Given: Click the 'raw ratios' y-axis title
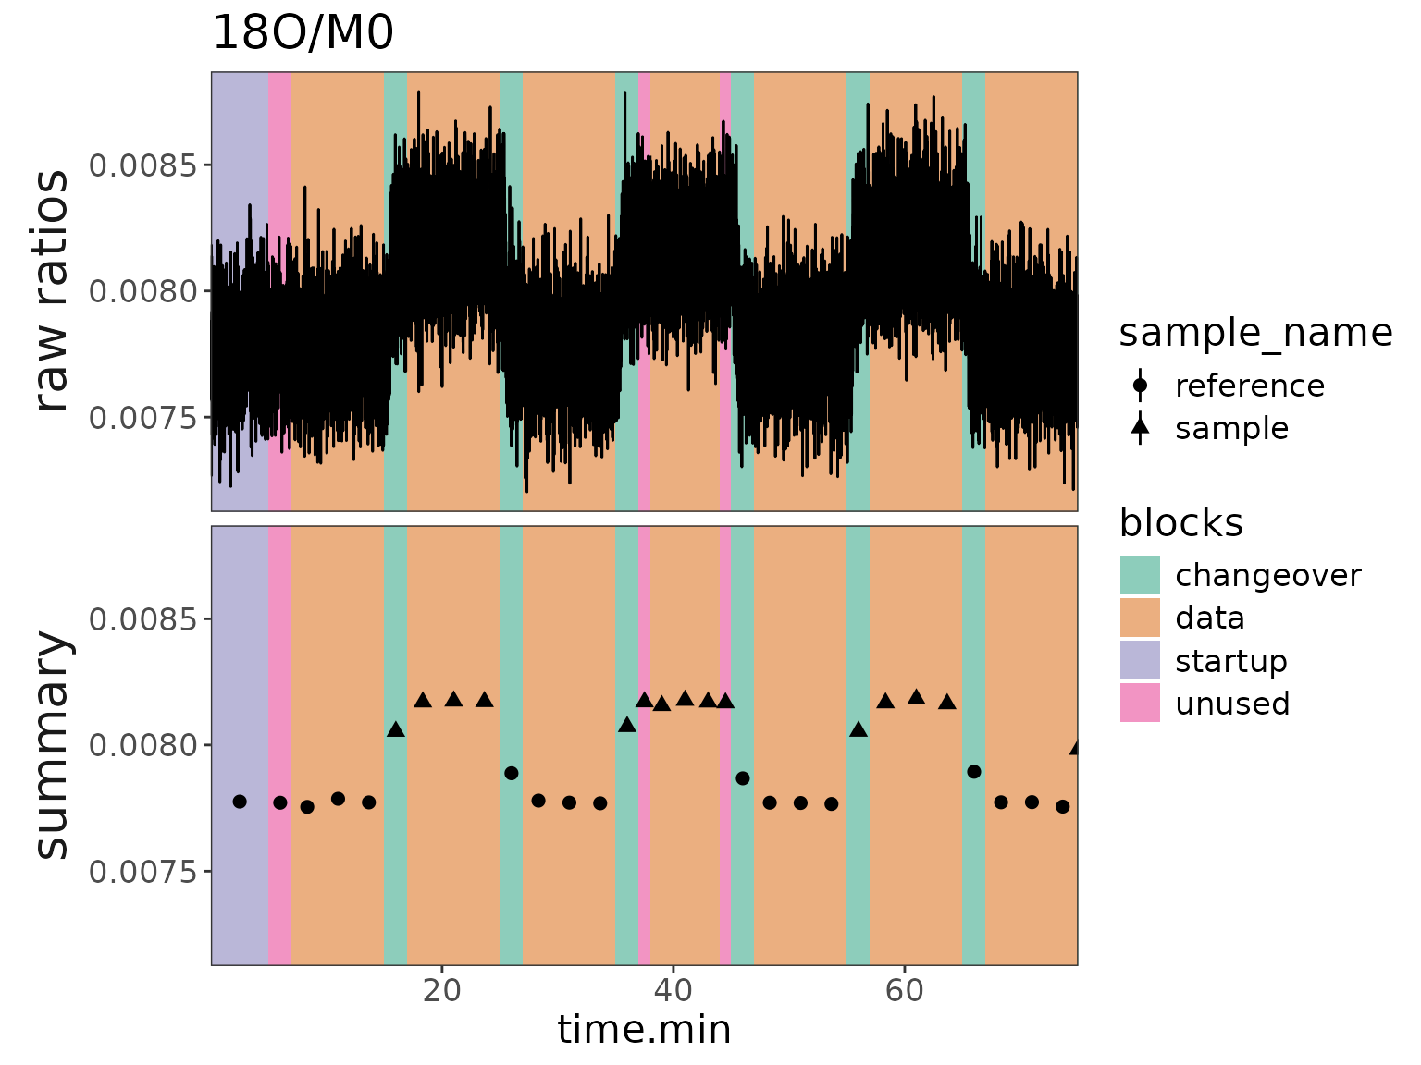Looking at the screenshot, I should (x=52, y=291).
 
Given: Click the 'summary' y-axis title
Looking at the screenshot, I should (x=52, y=745).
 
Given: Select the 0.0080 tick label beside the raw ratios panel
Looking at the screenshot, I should (x=143, y=291).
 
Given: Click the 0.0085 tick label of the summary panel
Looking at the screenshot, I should (x=143, y=618).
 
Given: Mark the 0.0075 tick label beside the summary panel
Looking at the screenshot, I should (x=143, y=871).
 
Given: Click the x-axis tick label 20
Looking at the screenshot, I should (x=442, y=991).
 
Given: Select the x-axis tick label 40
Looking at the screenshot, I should (x=673, y=991).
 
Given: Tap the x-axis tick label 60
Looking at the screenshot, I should (x=904, y=991).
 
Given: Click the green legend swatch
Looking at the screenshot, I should (x=1140, y=575).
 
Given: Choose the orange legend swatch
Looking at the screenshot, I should (x=1140, y=618).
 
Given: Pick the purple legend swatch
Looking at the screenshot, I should (x=1140, y=660).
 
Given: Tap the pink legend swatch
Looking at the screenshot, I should (x=1140, y=703).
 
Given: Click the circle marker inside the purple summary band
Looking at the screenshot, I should (x=240, y=802).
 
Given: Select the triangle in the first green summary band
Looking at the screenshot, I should (x=396, y=729).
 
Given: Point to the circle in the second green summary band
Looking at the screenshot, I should (x=512, y=773).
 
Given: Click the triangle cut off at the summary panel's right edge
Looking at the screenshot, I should (x=1074, y=748).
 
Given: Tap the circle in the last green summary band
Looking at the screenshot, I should (x=974, y=772).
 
